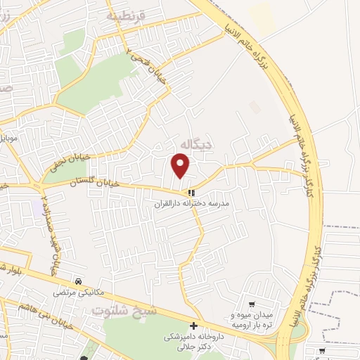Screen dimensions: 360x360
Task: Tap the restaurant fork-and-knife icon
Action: [x=191, y=193]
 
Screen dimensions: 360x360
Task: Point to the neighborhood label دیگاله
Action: [x=196, y=144]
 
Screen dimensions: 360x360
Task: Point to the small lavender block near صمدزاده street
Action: [x=36, y=208]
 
